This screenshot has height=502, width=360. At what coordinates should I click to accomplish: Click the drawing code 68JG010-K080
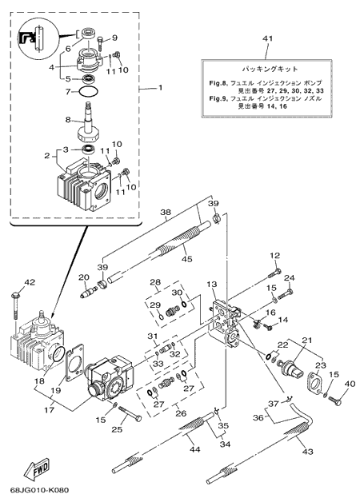[39, 490]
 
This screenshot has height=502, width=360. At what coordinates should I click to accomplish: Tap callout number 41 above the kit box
[267, 38]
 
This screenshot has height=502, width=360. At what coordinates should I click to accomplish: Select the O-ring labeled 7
[88, 92]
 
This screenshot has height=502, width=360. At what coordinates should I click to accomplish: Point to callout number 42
[30, 282]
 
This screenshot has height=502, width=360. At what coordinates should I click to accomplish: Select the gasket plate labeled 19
[74, 363]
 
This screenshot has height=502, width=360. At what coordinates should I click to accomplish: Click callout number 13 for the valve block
[221, 285]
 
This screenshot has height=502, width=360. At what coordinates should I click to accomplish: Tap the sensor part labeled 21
[290, 370]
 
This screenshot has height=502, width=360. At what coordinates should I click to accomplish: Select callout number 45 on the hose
[187, 258]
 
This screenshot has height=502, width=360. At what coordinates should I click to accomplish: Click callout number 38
[166, 212]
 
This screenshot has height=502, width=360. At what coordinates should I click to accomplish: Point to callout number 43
[307, 452]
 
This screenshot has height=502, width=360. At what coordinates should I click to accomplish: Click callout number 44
[194, 449]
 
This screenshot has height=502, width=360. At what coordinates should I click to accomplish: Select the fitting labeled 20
[88, 292]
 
